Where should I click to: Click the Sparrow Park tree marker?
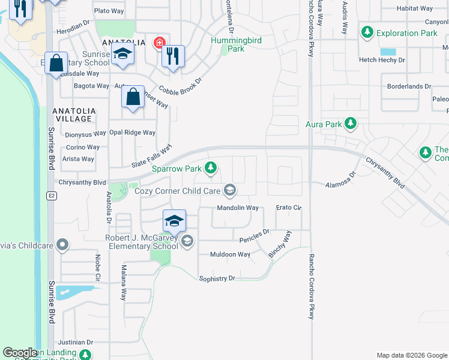[210, 168]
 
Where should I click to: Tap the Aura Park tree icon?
[351, 125]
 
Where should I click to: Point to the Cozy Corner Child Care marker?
[229, 191]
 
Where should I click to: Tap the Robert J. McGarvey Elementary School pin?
[187, 241]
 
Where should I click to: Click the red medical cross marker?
[158, 43]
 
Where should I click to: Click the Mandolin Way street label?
[238, 208]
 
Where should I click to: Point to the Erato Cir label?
[288, 208]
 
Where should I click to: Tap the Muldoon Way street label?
[230, 254]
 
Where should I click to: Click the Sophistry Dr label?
[217, 278]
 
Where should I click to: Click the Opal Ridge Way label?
[132, 133]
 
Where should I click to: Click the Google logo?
[20, 353]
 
